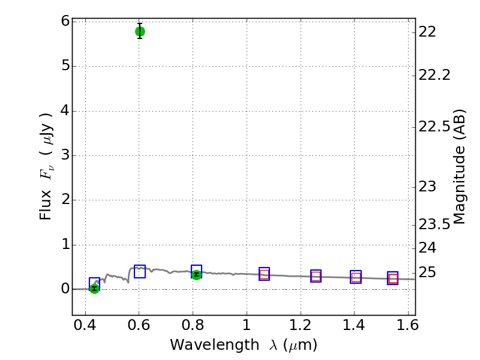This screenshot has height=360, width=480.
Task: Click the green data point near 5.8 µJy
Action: click(x=140, y=31)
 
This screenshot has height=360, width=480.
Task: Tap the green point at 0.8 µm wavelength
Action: click(x=196, y=275)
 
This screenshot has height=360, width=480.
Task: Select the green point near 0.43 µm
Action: click(x=94, y=288)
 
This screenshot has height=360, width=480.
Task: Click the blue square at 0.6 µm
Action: click(x=140, y=271)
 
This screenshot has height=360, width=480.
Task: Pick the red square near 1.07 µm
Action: click(x=264, y=274)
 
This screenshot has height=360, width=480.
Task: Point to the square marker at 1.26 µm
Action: click(x=316, y=276)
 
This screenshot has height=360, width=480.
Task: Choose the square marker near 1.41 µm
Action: click(x=356, y=277)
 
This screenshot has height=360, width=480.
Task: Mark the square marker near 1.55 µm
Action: click(x=393, y=278)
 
